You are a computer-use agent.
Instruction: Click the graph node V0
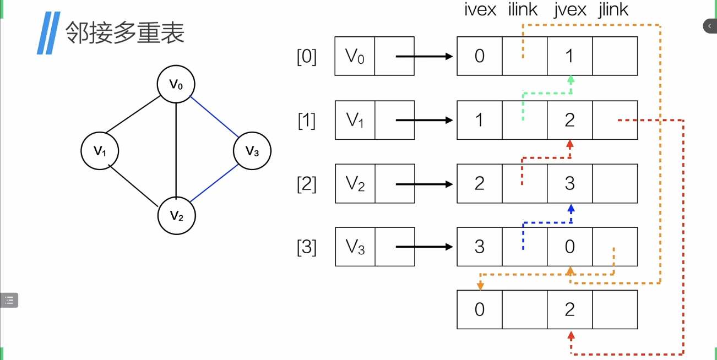click(x=176, y=84)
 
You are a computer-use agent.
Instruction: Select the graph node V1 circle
click(x=100, y=151)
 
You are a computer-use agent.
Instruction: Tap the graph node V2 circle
click(x=176, y=215)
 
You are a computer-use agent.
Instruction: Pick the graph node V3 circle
click(x=252, y=151)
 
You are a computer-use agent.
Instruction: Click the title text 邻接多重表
click(x=125, y=32)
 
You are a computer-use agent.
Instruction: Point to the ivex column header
click(x=480, y=9)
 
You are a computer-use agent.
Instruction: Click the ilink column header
click(x=523, y=9)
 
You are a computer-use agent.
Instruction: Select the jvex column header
click(x=570, y=9)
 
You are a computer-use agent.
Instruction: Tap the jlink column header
click(x=613, y=9)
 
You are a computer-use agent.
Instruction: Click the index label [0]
click(x=307, y=56)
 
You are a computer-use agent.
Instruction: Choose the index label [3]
click(x=307, y=247)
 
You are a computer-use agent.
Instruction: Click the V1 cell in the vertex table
click(x=355, y=120)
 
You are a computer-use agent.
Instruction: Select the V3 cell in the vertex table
click(x=355, y=247)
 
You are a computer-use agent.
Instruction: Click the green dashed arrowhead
click(x=571, y=79)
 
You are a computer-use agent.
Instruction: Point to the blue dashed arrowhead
click(x=571, y=209)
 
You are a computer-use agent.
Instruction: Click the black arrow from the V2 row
click(x=424, y=184)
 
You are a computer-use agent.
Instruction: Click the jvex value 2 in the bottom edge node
click(x=570, y=309)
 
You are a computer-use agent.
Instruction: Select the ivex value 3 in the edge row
click(x=480, y=247)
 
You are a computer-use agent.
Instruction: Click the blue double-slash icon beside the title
click(x=48, y=33)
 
